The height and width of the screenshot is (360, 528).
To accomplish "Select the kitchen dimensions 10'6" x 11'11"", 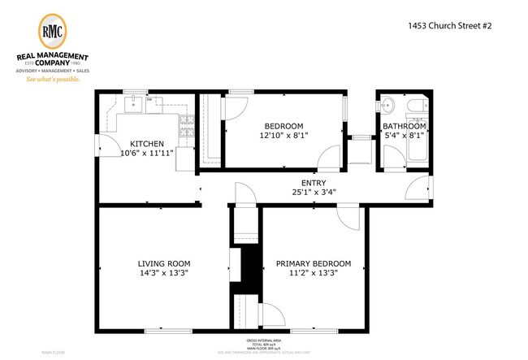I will (x=147, y=153).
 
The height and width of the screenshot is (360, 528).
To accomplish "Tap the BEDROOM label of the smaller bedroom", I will (x=283, y=126).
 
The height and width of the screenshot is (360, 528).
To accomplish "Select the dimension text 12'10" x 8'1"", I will (x=283, y=135).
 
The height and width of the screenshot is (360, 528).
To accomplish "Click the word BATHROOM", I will (x=405, y=127).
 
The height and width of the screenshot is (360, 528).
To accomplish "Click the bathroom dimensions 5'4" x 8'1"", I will (x=405, y=136).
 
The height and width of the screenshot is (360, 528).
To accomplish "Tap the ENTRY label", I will (x=314, y=184).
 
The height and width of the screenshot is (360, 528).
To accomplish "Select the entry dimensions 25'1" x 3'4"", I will (x=314, y=193).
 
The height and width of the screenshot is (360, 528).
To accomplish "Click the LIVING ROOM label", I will (x=163, y=263).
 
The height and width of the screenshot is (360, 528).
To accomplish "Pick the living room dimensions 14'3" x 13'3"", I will (x=163, y=273).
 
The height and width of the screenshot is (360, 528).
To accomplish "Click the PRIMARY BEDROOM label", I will (x=314, y=263).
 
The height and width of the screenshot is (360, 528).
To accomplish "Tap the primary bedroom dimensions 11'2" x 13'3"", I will (x=314, y=273).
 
